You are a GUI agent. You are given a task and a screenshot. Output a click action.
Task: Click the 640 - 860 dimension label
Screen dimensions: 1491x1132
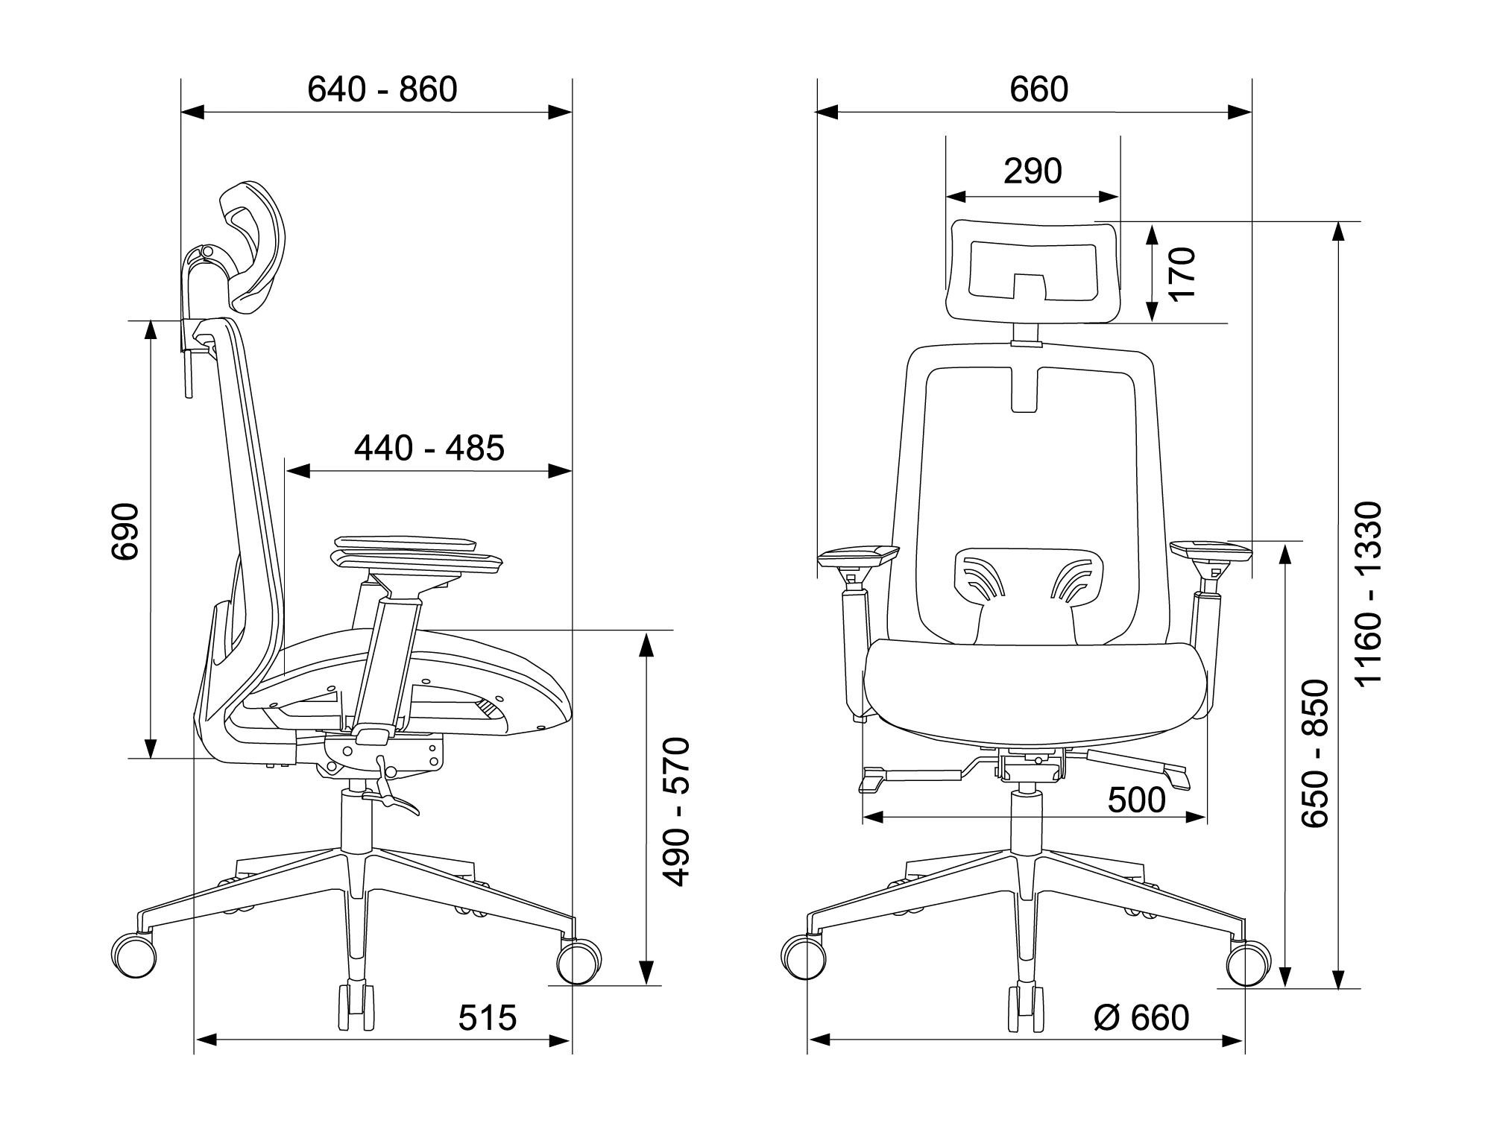pyautogui.click(x=382, y=89)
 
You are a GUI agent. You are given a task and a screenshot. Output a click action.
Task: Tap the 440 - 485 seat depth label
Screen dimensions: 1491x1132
pyautogui.click(x=429, y=448)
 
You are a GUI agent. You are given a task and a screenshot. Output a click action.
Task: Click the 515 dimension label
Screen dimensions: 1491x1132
pyautogui.click(x=488, y=1018)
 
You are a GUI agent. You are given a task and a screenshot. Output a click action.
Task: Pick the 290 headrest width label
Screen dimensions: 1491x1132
pyautogui.click(x=1033, y=171)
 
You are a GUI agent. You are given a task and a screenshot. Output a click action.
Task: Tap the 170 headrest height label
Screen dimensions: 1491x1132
pyautogui.click(x=1182, y=273)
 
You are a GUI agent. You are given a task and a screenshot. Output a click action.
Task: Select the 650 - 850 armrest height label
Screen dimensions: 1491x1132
pyautogui.click(x=1315, y=753)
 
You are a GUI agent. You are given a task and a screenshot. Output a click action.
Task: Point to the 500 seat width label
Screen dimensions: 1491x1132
pyautogui.click(x=1137, y=800)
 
